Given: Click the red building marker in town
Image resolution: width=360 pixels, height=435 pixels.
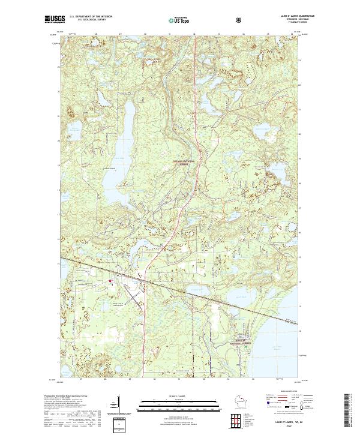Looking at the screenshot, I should [110, 281].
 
